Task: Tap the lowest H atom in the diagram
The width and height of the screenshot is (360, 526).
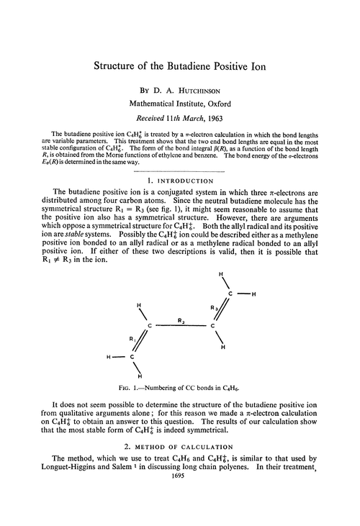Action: coord(138,376)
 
